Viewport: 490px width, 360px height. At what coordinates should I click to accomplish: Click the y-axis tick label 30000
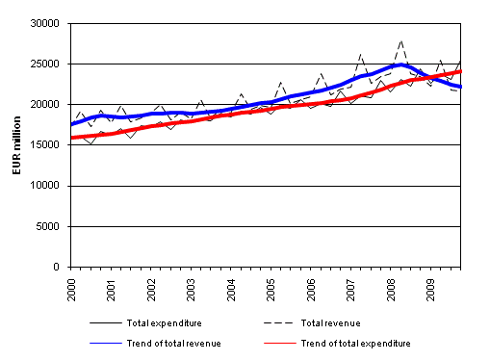48,23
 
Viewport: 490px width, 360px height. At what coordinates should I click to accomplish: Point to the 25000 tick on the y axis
48,64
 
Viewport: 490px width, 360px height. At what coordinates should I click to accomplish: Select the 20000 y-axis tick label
48,104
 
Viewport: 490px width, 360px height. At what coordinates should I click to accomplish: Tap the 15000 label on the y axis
48,145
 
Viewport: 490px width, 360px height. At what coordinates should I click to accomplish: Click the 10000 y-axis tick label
48,186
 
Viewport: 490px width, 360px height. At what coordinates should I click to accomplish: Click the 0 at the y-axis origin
60,267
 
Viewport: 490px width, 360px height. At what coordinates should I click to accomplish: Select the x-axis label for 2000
72,287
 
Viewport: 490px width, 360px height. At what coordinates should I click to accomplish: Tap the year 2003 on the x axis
192,287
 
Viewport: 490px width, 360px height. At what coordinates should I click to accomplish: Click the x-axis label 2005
271,287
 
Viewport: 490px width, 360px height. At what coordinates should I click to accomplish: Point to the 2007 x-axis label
351,287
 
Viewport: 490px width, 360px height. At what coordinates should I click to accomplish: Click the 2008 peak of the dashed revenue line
400,41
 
